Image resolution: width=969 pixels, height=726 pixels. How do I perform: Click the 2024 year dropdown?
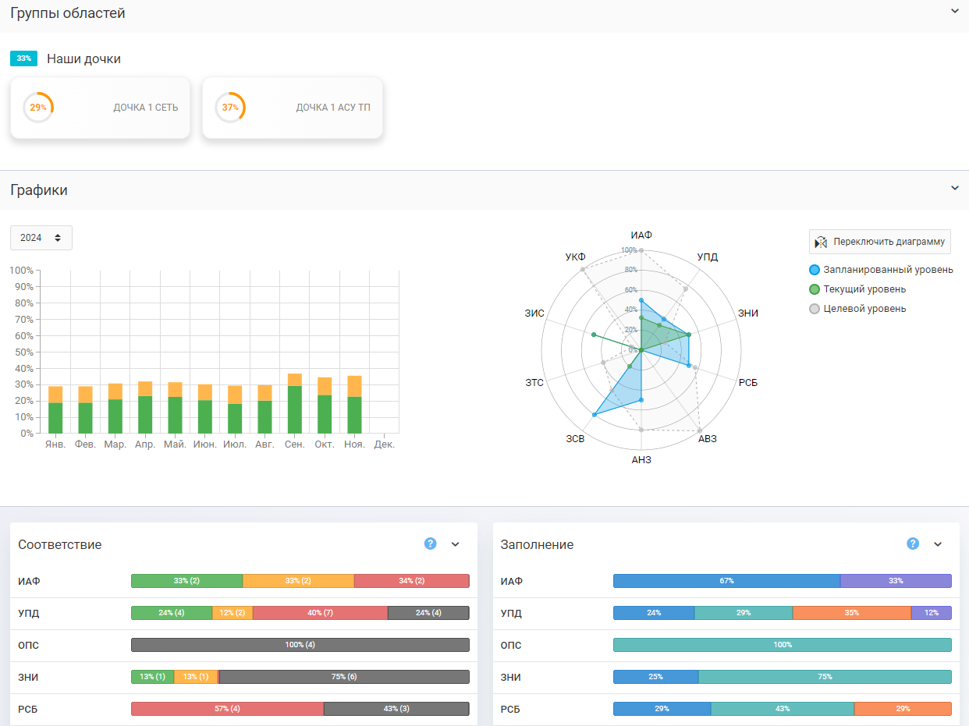tap(41, 238)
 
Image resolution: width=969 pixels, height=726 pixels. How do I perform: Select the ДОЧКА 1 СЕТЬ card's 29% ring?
tap(38, 108)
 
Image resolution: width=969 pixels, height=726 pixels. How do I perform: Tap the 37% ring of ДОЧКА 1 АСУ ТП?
tap(230, 108)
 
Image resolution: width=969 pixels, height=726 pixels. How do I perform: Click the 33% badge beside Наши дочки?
tap(23, 58)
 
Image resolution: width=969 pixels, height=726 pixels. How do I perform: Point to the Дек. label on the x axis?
tap(384, 444)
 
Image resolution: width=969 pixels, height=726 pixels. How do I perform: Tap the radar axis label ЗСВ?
tap(576, 439)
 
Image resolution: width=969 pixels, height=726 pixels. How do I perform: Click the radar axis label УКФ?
tap(575, 257)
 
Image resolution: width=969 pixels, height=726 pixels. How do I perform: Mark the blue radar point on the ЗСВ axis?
tap(595, 415)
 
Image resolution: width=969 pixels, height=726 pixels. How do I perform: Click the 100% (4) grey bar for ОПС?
tap(300, 645)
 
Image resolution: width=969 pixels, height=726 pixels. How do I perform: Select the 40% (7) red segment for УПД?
tap(320, 613)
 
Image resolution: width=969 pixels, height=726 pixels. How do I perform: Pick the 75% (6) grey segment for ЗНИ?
tap(344, 677)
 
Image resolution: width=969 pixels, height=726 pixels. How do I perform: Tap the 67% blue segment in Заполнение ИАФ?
tap(726, 581)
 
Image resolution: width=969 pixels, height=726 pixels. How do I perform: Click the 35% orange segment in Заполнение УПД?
tap(851, 613)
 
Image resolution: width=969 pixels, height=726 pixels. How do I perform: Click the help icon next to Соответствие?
tap(430, 544)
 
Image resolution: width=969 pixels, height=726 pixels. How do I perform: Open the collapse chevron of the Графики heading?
tap(954, 188)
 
